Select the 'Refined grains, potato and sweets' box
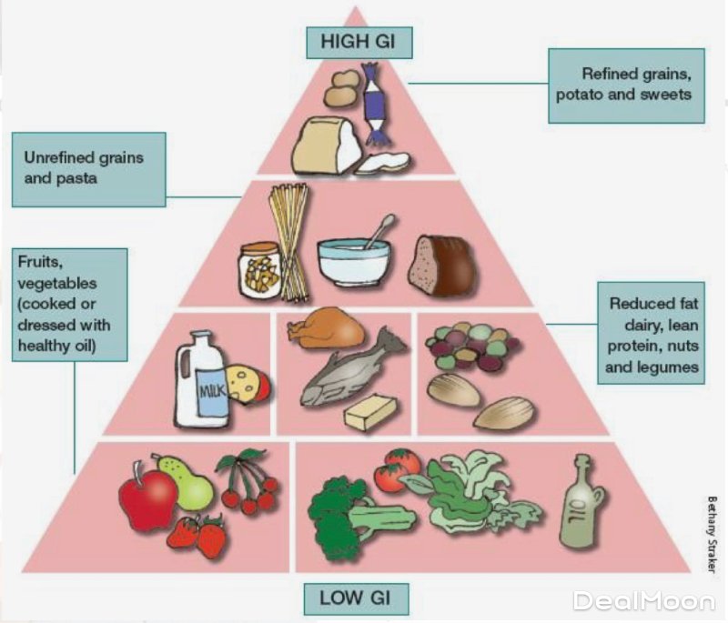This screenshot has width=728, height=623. click(626, 85)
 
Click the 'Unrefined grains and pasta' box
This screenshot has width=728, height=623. click(88, 168)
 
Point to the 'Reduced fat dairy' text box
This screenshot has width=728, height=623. click(652, 333)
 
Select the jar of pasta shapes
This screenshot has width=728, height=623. click(259, 269)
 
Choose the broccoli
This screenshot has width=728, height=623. click(337, 514)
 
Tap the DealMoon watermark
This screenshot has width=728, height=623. click(643, 600)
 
